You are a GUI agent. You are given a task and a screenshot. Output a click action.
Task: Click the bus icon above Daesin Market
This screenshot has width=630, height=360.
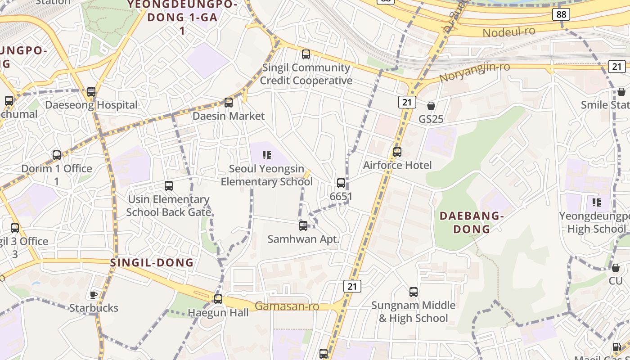coord(229,103)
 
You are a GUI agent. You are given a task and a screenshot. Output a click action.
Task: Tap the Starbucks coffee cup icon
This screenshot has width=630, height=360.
coord(94,295)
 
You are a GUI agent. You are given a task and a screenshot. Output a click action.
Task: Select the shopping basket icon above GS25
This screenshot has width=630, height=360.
coord(431,106)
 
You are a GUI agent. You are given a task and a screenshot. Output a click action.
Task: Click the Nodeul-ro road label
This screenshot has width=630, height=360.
coord(509,32)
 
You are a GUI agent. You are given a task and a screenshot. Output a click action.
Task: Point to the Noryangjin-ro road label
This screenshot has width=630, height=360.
coord(474,72)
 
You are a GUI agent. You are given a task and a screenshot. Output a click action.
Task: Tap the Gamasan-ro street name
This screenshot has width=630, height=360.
coord(287,306)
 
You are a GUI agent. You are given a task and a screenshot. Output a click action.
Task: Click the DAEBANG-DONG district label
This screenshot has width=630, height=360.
coord(471,222)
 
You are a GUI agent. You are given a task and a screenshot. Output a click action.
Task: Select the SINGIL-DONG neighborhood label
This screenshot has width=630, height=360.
coord(152,263)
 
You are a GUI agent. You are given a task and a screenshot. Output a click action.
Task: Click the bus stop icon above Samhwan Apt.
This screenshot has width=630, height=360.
coord(303,226)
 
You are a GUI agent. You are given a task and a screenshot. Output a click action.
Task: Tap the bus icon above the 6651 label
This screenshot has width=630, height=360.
coord(341,183)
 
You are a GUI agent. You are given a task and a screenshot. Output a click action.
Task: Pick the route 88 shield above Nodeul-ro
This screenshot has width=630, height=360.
coord(561,14)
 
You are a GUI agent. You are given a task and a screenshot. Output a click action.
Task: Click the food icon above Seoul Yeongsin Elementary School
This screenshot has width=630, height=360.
coord(267,156)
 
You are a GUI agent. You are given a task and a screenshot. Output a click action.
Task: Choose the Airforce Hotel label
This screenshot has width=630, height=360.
coord(397,165)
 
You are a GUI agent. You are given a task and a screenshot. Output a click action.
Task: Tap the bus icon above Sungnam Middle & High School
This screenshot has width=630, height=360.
coord(414,292)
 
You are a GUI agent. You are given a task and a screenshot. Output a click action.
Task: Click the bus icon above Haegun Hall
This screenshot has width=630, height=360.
coord(218,299)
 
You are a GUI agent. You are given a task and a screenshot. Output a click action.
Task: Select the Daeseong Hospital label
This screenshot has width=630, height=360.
coord(91,105)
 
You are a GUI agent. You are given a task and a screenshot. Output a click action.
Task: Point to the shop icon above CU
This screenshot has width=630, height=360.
coord(616,268)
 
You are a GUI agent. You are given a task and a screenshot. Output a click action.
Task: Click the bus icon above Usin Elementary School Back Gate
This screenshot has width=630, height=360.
coord(169,185)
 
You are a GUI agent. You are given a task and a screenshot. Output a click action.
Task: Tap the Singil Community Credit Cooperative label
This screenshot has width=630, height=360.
coord(306,74)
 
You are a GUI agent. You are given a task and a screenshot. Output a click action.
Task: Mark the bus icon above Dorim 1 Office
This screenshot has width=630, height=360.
coord(57,155)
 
